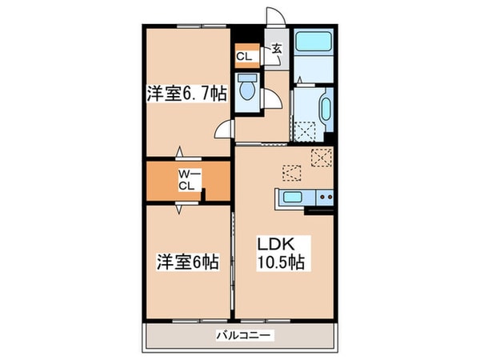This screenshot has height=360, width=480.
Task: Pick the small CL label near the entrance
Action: coord(242,56)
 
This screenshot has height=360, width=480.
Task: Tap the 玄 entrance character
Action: coord(274,50)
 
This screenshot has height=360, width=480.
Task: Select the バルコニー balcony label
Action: coord(243,334)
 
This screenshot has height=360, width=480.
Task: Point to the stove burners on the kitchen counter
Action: coord(324,197)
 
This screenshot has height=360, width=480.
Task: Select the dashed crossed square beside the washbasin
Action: coord(304,129)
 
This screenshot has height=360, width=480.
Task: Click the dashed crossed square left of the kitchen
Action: coord(291,172)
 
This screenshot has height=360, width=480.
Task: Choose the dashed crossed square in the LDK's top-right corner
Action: coord(322,157)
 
